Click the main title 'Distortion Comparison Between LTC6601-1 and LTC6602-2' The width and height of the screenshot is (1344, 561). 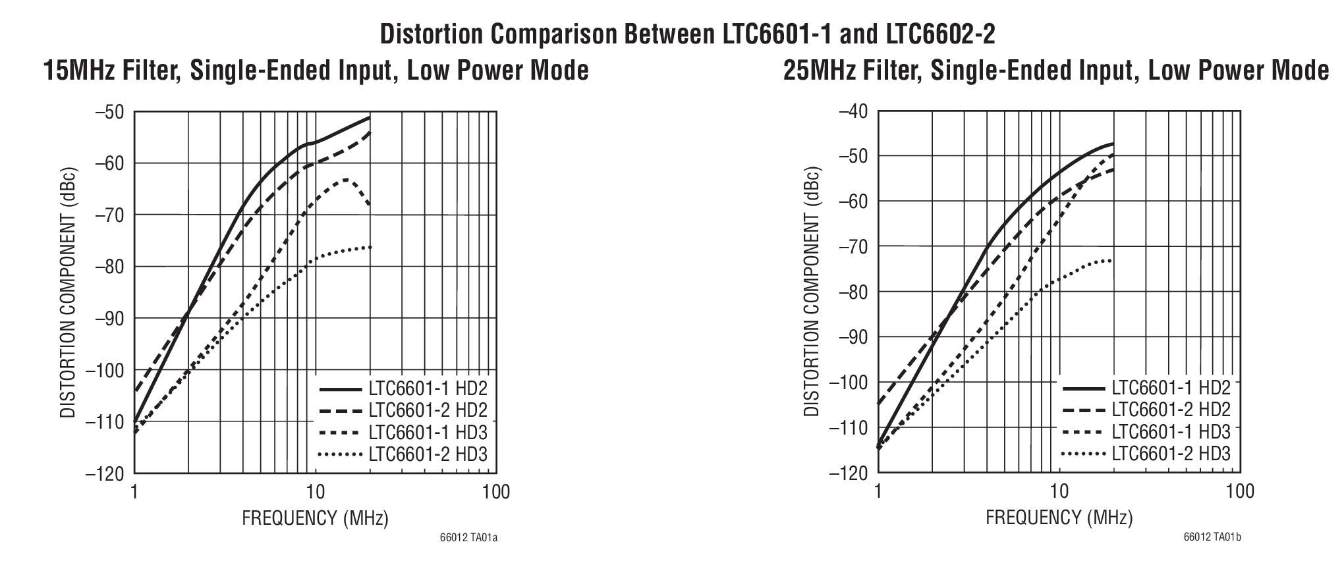(688, 34)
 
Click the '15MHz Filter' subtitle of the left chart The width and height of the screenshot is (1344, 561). (316, 70)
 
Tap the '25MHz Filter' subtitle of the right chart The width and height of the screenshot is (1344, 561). (1056, 70)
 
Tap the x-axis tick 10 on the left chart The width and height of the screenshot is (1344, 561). (315, 492)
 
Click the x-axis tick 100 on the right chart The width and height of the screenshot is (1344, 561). (1241, 492)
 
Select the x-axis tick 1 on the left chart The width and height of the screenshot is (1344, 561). (134, 492)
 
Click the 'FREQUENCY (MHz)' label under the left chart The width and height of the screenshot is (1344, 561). (315, 518)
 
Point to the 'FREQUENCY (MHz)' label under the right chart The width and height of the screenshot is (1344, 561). (1059, 518)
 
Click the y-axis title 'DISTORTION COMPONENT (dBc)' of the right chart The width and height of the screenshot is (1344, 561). (812, 292)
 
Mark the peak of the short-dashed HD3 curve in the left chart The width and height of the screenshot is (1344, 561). (346, 179)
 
